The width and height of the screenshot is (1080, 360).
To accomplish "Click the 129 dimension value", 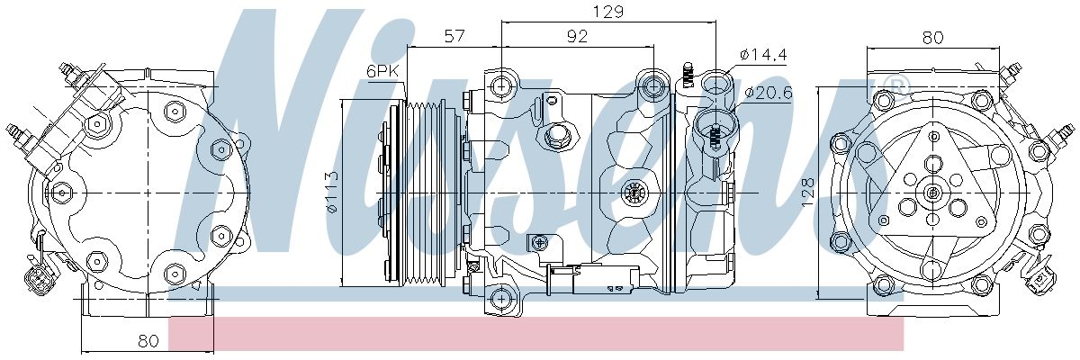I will pyautogui.click(x=608, y=12).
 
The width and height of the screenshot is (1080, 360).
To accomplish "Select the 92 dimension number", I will pyautogui.click(x=577, y=37).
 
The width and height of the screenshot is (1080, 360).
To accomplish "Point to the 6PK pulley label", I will pyautogui.click(x=382, y=71).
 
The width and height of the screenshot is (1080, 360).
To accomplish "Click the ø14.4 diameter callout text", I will pyautogui.click(x=763, y=55).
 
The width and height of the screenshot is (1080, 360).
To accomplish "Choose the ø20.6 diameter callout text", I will pyautogui.click(x=768, y=92).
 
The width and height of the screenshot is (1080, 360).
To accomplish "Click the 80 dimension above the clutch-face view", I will pyautogui.click(x=933, y=37).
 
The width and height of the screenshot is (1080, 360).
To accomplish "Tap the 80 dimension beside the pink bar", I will pyautogui.click(x=149, y=341).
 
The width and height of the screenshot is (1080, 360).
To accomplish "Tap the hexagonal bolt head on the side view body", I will pyautogui.click(x=555, y=137).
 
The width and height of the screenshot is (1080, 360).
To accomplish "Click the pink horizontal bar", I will pyautogui.click(x=535, y=333).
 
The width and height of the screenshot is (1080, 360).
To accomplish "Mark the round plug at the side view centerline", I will pyautogui.click(x=634, y=192).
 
